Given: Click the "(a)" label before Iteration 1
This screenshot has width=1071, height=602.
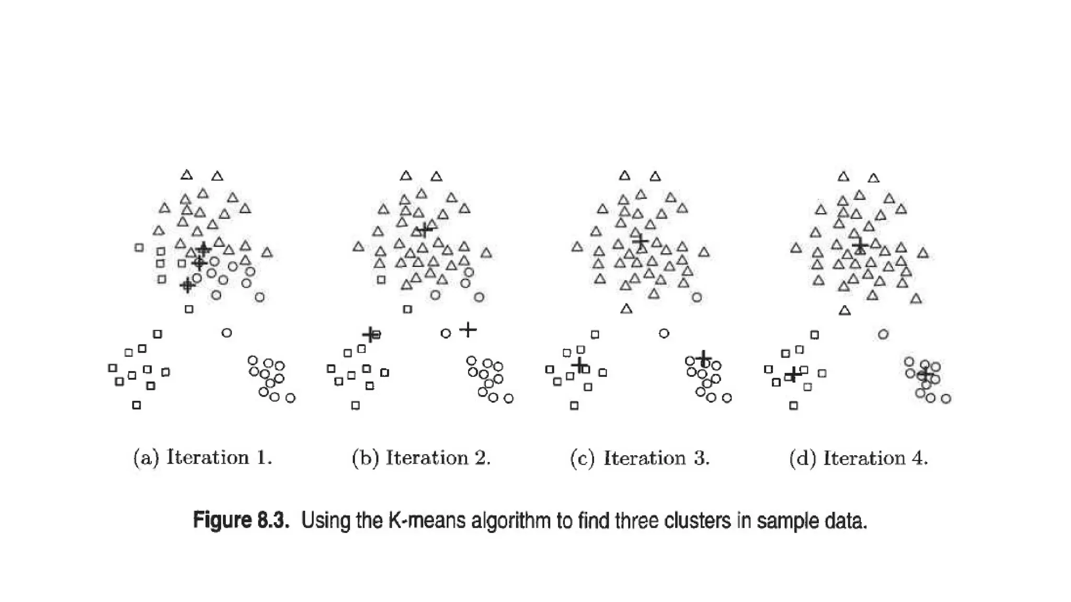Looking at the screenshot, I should (x=146, y=458).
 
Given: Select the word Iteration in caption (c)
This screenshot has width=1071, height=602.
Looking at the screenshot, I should (x=644, y=458).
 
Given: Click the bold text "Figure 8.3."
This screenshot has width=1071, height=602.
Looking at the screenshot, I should (x=241, y=520).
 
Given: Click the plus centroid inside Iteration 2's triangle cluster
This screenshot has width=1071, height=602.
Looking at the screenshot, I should (x=425, y=229).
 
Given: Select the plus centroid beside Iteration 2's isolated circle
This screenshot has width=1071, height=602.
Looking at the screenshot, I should (x=468, y=330).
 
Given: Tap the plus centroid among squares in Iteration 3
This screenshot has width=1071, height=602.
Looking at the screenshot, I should (x=579, y=364).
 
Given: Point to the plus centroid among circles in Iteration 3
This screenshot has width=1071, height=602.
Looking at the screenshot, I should (x=703, y=358).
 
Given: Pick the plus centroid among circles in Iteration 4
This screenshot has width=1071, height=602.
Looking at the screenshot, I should (x=924, y=374).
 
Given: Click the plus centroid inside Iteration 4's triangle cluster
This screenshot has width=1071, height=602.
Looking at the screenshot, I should (x=860, y=245).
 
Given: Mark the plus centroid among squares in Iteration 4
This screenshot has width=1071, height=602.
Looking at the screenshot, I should (x=793, y=374).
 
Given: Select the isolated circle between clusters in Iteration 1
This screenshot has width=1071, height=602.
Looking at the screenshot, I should (x=226, y=332).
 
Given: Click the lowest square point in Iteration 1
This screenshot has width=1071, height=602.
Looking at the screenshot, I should (x=136, y=405).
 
